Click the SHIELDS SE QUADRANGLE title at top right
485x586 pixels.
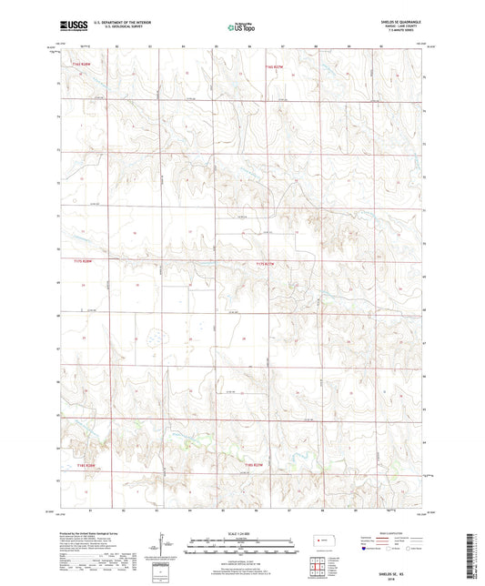click(406, 24)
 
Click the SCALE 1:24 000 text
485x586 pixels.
click(241, 533)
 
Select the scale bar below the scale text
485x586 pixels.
click(241, 546)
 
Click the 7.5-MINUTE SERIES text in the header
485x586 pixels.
click(406, 33)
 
